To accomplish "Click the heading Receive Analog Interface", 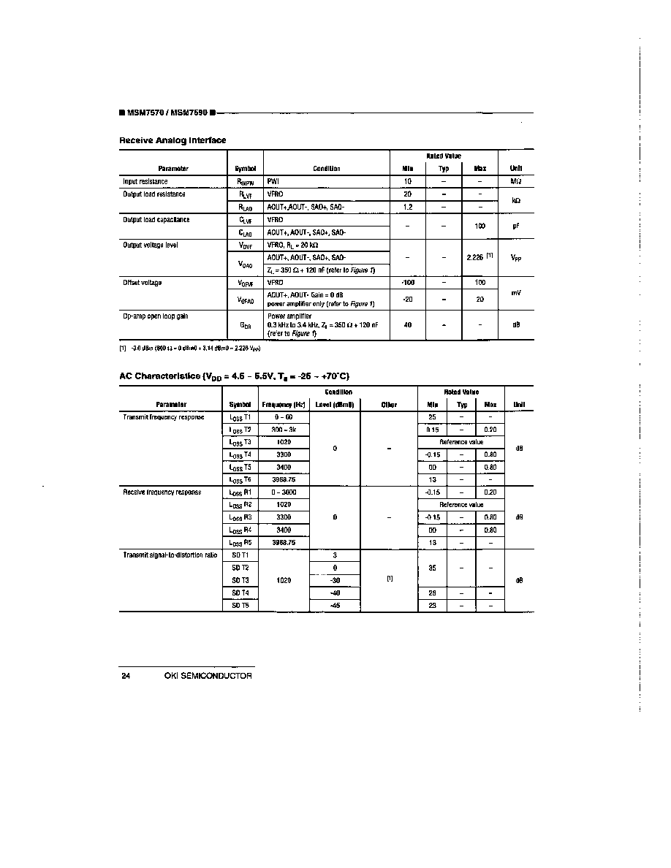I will click(173, 140).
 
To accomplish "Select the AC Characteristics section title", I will click(235, 376).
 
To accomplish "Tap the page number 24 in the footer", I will click(126, 676).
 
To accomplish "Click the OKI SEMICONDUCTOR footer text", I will click(208, 676).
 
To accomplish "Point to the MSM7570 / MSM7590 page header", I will click(166, 113).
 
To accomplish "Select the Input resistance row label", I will click(145, 181).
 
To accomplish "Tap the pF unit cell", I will click(515, 226).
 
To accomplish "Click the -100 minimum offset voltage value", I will click(408, 282).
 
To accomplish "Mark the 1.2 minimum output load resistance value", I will click(408, 207).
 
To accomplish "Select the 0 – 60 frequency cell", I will click(284, 417).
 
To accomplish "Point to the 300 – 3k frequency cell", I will click(284, 430).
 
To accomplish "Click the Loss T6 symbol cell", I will click(240, 479).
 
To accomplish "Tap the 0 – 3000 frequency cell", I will click(284, 492).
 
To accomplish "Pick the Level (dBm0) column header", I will click(335, 404).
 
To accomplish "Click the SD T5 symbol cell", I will click(240, 605).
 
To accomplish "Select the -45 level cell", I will click(335, 605).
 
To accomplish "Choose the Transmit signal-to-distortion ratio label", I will click(170, 555).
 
